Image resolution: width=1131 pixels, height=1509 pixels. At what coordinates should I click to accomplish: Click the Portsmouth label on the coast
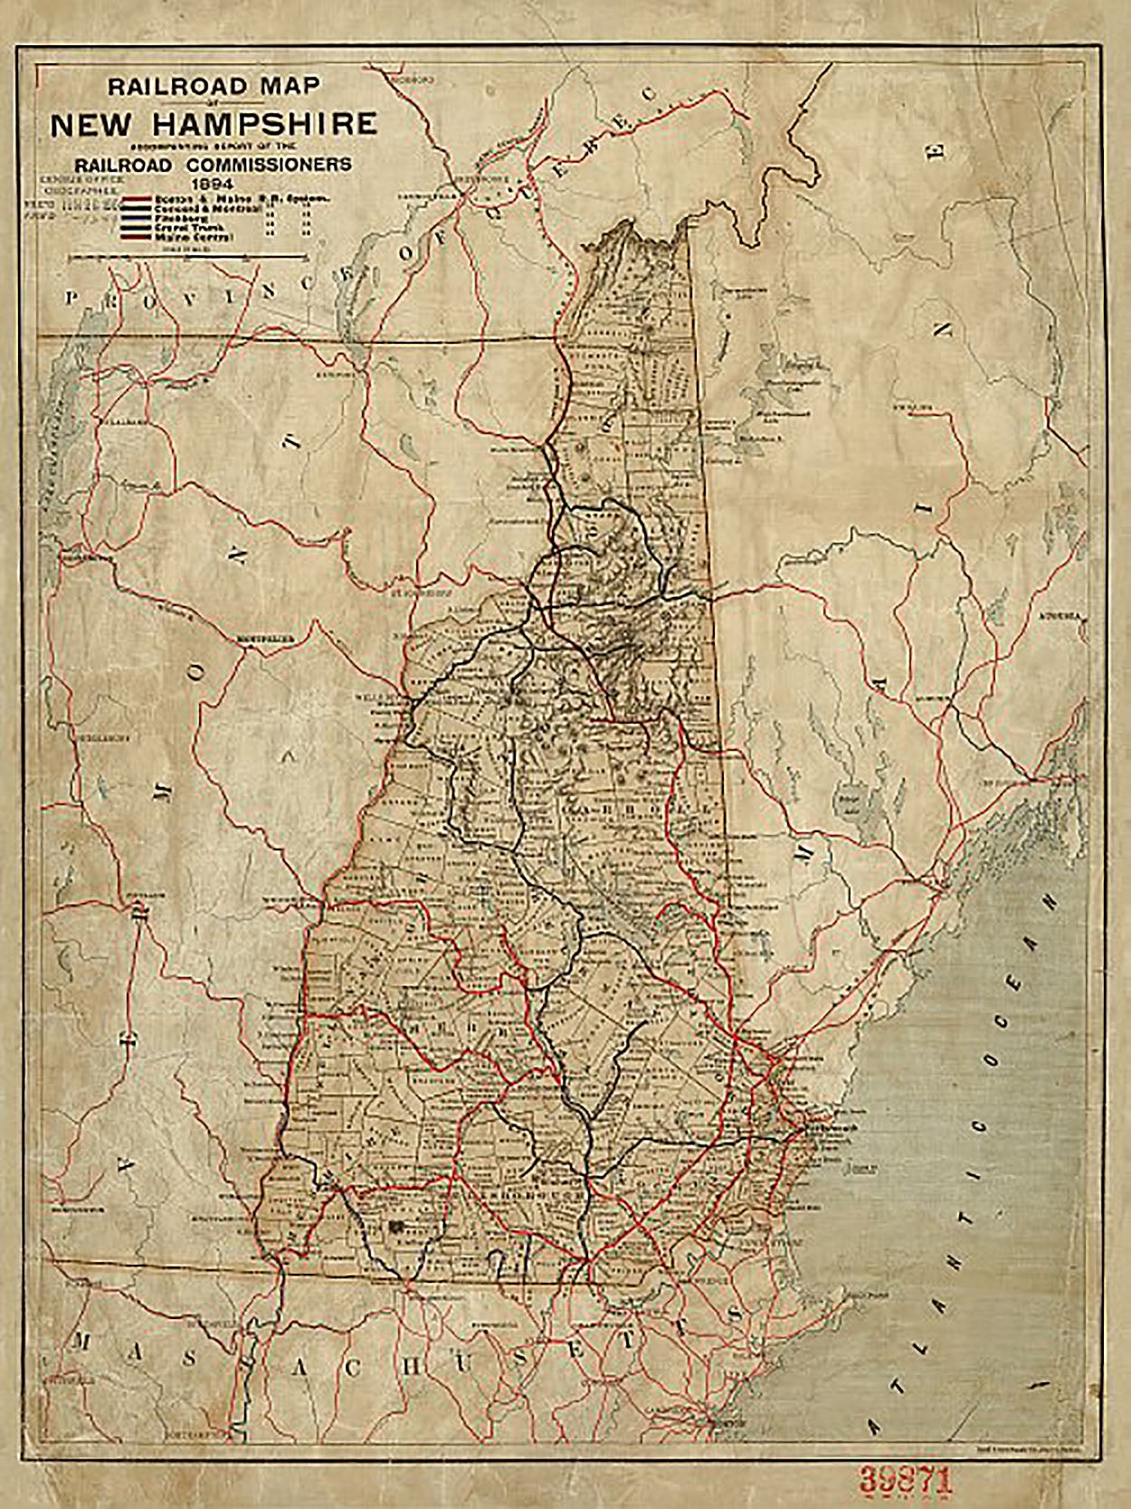pyautogui.click(x=822, y=1128)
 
